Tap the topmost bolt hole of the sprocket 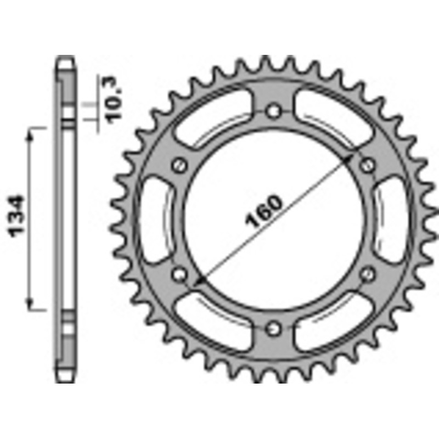[x=273, y=111]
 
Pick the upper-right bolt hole [x=368, y=165]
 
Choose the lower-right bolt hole [x=369, y=273]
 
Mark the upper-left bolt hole [x=178, y=165]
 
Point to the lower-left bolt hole [x=178, y=273]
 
